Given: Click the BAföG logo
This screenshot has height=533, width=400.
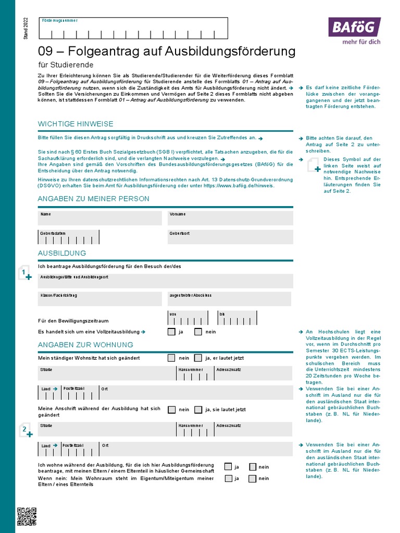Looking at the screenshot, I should pos(354,27).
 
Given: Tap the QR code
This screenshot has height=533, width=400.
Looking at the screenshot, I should pos(27,516).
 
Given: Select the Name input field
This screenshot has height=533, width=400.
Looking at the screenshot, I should pos(100,218).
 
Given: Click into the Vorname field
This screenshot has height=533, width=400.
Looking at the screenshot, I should pos(230,218).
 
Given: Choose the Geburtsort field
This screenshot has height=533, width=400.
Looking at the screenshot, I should pos(230,237).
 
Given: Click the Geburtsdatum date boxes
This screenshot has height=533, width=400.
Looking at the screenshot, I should pos(69,237).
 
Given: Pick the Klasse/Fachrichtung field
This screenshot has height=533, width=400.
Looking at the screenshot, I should pos(100,299).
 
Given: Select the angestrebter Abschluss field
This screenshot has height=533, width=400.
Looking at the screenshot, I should pos(229,299).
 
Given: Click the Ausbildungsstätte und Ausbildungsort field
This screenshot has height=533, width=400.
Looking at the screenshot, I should pos(166,281).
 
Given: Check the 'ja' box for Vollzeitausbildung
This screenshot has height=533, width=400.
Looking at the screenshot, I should pos(171,332).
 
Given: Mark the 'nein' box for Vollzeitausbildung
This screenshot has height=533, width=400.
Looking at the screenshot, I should pos(198,332).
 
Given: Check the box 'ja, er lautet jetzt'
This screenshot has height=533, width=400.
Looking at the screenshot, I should pos(198,358).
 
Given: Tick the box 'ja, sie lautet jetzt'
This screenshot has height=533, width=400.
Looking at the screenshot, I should pos(198,410).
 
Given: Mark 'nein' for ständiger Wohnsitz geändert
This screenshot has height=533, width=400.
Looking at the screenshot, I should pos(171,358).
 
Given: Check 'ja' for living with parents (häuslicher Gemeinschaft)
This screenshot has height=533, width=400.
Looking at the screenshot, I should pos(228,467).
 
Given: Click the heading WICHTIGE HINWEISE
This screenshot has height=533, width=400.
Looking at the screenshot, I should pos(76,124).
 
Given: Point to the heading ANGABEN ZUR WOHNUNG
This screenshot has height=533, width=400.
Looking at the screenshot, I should pos(85,345).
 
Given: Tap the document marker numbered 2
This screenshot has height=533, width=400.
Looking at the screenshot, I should pos(25,430).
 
